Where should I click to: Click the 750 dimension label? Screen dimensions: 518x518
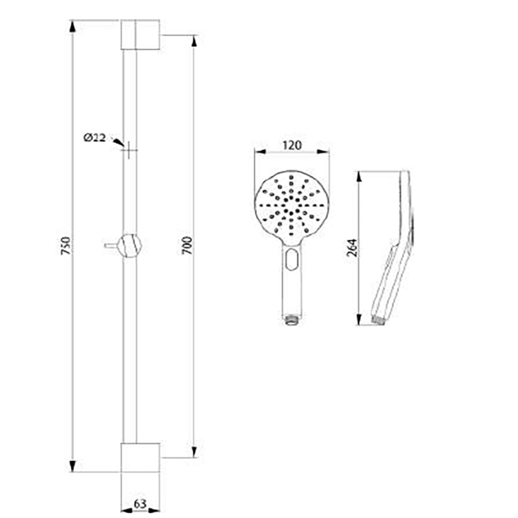click(x=66, y=245)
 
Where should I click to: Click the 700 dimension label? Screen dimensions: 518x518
click(x=187, y=245)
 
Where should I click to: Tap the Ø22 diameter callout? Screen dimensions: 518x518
click(x=94, y=138)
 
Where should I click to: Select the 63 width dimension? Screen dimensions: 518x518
click(x=140, y=504)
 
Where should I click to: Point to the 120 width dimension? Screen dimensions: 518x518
click(x=292, y=146)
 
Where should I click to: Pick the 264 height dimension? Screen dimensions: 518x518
click(x=352, y=247)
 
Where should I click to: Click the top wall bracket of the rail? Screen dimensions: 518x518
click(x=140, y=35)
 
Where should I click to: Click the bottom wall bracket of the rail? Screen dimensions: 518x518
click(x=140, y=458)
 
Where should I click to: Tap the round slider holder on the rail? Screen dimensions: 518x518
click(x=130, y=245)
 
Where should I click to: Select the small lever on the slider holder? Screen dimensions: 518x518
click(x=111, y=245)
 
